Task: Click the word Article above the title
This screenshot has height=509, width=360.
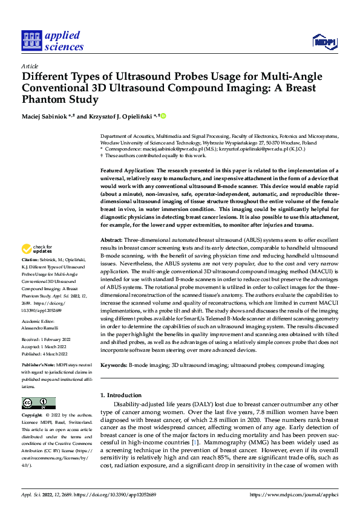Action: click(x=30, y=65)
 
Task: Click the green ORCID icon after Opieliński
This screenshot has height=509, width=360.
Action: click(x=163, y=116)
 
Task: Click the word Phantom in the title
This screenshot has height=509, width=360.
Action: click(x=45, y=100)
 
